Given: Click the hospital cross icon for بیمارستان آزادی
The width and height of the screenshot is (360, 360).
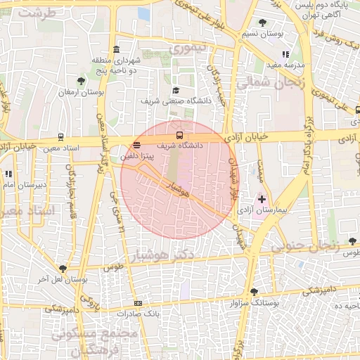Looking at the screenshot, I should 262,200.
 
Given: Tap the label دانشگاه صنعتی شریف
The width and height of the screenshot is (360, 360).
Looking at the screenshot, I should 176,101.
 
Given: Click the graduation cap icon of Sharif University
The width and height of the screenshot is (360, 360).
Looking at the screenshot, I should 176,91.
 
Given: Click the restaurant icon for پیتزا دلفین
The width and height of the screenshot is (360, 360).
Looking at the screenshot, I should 136,145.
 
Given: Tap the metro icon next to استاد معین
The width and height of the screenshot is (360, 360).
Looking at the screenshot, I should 61,137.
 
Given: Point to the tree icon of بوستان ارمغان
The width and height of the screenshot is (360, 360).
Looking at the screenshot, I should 81,82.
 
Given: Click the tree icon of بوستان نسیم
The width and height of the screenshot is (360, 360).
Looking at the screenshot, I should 263,22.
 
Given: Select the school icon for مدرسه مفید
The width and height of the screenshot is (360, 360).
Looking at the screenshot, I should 284,54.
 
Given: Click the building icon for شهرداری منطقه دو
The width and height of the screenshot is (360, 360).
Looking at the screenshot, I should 115,49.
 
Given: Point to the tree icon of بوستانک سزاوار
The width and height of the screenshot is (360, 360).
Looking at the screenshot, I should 254,291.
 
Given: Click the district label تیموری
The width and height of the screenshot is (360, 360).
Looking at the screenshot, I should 189,49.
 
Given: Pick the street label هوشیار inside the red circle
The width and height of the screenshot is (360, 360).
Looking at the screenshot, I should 179,186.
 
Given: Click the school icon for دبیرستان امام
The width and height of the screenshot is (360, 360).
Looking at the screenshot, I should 8,174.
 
